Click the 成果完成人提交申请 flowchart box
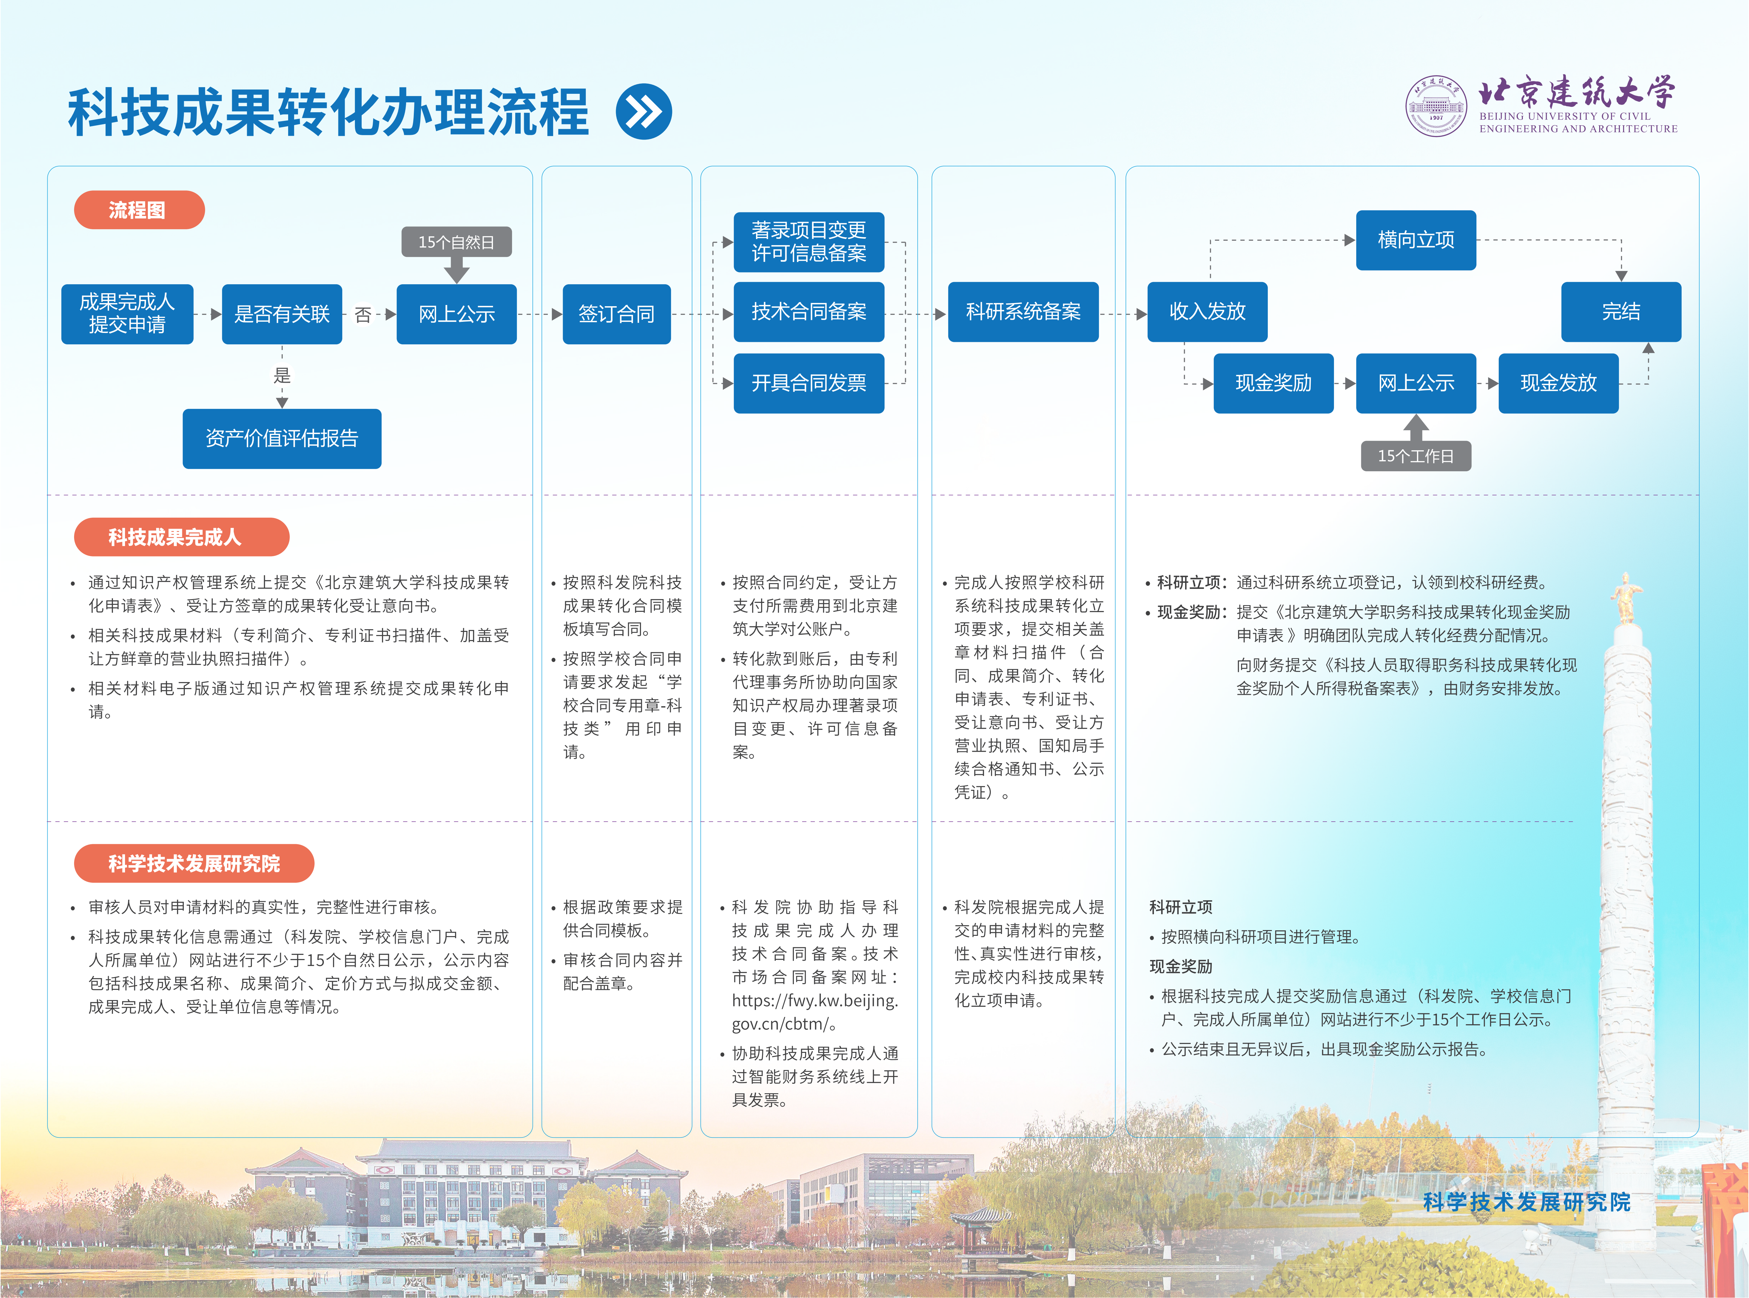click(x=127, y=314)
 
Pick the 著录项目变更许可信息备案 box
click(x=809, y=241)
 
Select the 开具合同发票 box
click(x=809, y=383)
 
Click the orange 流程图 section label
click(x=138, y=210)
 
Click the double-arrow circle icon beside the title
click(x=643, y=112)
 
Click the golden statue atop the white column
click(x=1625, y=597)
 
